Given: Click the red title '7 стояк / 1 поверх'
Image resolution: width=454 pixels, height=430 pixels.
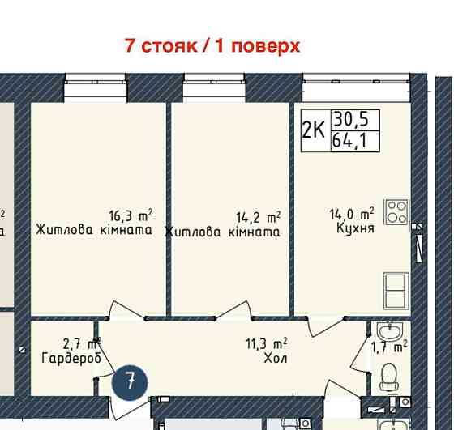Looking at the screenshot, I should coord(212,45).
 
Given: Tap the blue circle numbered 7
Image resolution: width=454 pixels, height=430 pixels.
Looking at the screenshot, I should coord(130,381).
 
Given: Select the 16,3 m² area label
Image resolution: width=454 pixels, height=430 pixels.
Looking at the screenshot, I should coord(131,215).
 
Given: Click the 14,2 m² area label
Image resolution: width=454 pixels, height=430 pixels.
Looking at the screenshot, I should coord(258,217).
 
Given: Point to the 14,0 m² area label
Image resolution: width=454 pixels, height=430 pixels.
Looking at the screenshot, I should coord(351,215).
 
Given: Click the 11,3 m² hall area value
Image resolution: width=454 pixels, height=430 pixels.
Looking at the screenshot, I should coord(268,343).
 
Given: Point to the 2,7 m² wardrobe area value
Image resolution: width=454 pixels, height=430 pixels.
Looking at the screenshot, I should coord(80,343).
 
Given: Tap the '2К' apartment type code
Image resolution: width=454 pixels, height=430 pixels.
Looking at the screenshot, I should coord(313,130).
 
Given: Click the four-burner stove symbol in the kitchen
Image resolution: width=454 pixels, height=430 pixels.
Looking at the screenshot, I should coord(396,213).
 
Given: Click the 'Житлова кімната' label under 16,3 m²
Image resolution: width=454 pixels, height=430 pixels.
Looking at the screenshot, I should coord(94,231).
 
